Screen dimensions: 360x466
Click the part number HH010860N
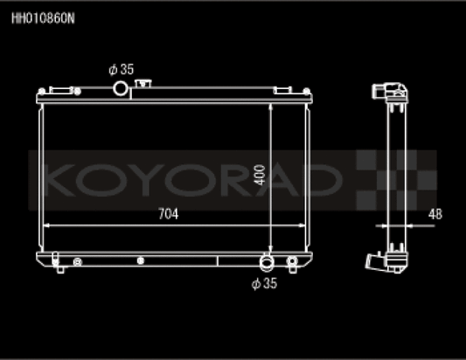(42, 17)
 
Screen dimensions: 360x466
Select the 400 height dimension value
(260, 175)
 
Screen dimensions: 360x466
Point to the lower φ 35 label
(264, 282)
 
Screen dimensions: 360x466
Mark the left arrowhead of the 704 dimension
(46, 225)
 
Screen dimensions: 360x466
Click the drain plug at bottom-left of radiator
(58, 261)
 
